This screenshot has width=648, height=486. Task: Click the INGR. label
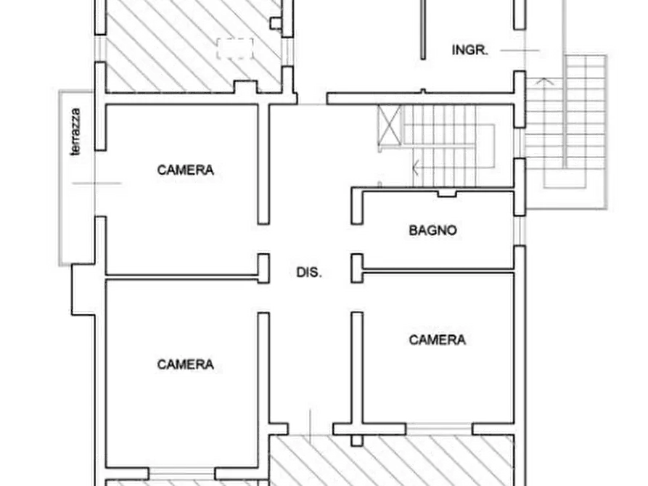(470, 50)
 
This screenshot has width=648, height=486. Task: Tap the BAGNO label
(432, 230)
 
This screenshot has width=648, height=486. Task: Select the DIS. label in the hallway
(309, 272)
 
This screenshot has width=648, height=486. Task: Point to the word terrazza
(75, 132)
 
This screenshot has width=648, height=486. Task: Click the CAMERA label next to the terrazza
(186, 170)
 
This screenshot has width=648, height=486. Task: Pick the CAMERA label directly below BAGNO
(438, 339)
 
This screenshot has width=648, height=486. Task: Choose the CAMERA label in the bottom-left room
(186, 364)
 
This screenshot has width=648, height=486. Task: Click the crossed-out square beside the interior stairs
(390, 125)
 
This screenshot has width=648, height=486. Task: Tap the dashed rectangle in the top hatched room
(235, 49)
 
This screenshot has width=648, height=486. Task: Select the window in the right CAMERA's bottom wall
(439, 429)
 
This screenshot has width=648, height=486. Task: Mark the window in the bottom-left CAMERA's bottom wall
(182, 473)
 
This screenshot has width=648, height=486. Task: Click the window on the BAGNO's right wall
(520, 231)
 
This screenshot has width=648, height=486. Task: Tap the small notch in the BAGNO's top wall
(447, 193)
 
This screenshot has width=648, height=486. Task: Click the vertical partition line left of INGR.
(423, 30)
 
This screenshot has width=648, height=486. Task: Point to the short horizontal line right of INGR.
(520, 51)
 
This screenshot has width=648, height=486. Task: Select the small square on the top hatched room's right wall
(276, 23)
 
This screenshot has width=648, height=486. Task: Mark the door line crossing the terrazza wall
(97, 183)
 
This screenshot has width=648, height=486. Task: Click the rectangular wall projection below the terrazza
(83, 289)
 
